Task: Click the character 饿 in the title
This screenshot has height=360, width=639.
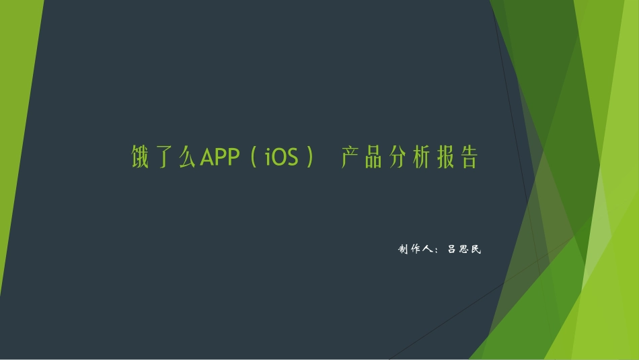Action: click(139, 157)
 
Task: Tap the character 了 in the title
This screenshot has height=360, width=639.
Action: click(163, 157)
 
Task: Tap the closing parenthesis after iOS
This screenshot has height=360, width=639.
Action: click(309, 158)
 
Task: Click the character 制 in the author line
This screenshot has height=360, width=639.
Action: click(404, 250)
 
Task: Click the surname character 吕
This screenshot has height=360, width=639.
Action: click(453, 250)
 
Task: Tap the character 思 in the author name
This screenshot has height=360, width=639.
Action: click(465, 250)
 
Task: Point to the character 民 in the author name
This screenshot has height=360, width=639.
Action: click(476, 250)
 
